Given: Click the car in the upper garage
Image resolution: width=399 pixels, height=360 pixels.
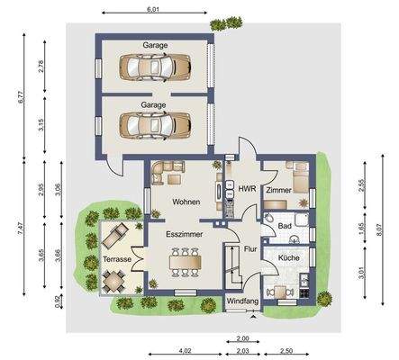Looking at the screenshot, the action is [x=155, y=67].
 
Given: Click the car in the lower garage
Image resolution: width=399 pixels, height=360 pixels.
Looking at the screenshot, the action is [x=155, y=125].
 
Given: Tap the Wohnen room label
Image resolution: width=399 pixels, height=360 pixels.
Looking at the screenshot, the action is [x=186, y=202].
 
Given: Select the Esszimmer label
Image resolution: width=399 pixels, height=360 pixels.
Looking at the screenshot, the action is [x=185, y=234].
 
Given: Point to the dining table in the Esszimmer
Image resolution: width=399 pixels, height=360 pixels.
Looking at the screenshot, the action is [x=185, y=262].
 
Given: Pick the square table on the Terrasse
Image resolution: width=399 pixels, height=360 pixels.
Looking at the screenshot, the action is [x=113, y=282].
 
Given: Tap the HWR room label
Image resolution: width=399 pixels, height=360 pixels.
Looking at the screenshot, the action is [x=247, y=189].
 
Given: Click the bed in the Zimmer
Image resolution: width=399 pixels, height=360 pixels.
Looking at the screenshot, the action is [x=301, y=180].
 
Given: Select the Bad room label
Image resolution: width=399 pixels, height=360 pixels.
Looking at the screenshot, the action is [x=285, y=226].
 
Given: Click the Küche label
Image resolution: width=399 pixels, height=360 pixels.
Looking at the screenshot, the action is [x=288, y=257].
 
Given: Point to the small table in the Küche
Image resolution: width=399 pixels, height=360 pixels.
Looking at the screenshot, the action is [x=280, y=292].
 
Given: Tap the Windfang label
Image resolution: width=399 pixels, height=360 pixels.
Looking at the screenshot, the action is [x=242, y=301].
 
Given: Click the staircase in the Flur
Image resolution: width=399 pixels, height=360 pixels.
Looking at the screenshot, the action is [x=233, y=265].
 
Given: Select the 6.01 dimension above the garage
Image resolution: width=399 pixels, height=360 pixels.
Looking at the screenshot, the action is [x=152, y=9].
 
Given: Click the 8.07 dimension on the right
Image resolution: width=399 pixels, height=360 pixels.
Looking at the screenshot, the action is [x=379, y=230].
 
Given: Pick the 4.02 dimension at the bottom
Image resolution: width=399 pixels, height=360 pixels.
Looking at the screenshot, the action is [x=185, y=350].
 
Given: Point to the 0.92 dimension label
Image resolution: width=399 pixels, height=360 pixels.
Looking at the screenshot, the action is [x=58, y=301].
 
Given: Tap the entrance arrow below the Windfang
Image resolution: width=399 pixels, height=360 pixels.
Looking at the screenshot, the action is [x=254, y=317].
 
